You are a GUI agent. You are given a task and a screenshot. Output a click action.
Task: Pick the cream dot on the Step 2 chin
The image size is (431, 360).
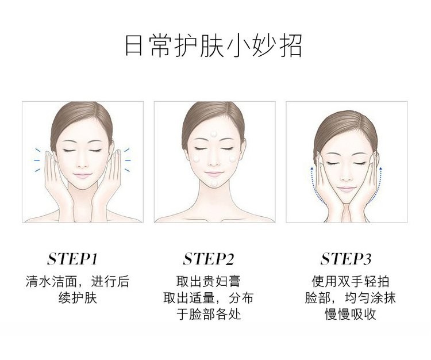(215, 183)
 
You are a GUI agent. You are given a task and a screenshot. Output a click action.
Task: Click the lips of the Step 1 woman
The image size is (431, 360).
(82, 175)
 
